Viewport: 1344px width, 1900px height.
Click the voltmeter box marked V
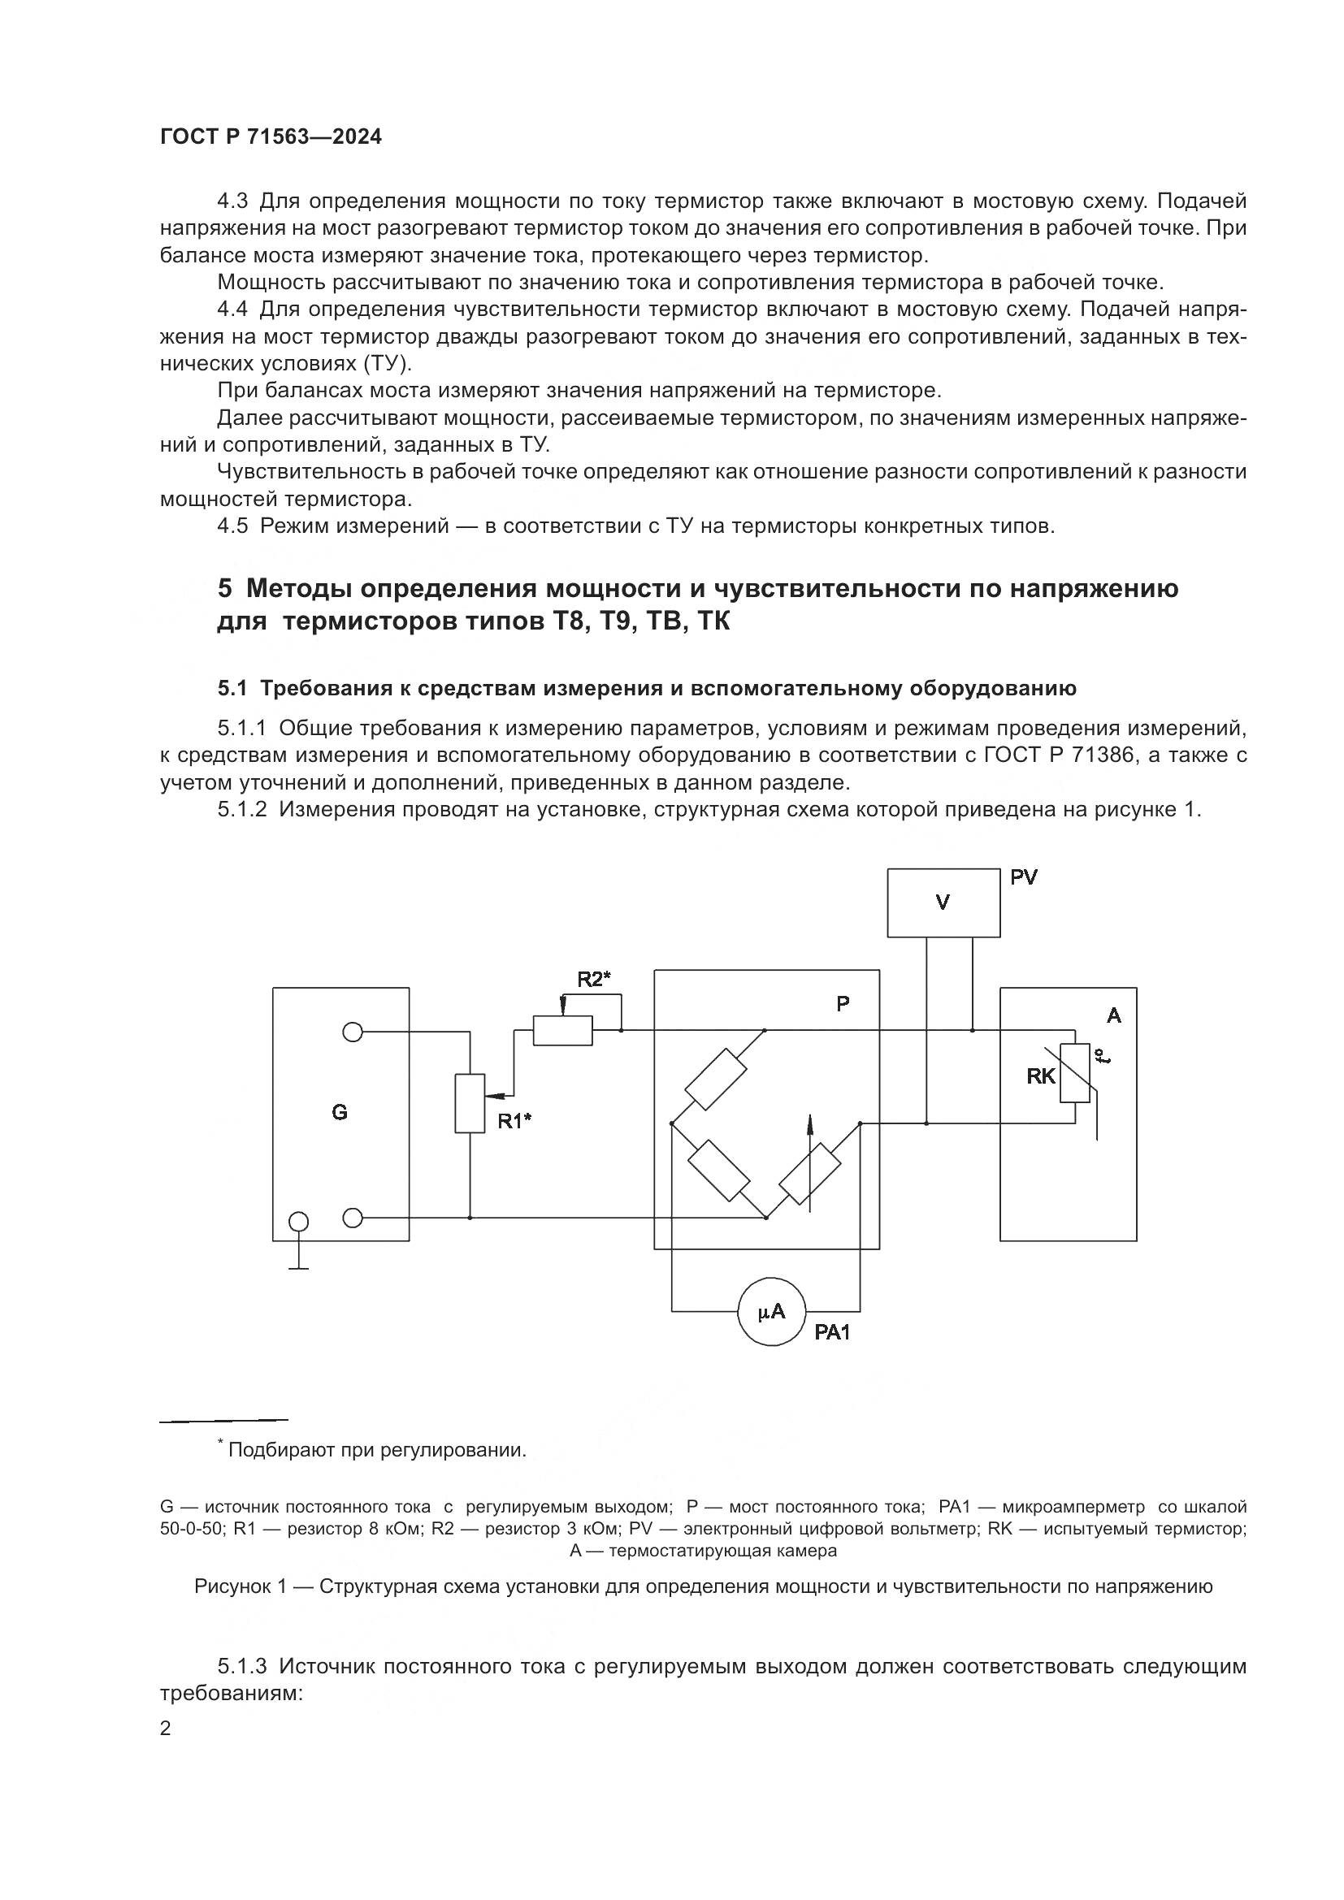943,902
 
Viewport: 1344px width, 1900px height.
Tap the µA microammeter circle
771,1311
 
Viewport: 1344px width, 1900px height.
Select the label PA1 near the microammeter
832,1332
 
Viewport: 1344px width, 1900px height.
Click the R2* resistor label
593,980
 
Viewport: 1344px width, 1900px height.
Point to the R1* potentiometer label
514,1121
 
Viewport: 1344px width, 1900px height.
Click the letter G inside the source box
340,1112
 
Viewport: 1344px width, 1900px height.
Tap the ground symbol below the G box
299,1266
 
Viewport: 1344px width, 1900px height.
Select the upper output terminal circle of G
353,1032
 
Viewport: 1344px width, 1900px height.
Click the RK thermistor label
1041,1076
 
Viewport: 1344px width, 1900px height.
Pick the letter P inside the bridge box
843,1005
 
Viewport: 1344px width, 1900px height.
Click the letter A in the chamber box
1114,1015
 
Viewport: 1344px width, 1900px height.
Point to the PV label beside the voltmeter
1024,877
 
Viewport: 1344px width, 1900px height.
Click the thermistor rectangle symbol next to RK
1074,1073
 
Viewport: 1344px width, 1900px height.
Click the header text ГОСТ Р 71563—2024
271,137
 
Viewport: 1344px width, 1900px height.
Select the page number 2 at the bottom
166,1729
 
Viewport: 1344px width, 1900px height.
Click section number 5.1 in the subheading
232,689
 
